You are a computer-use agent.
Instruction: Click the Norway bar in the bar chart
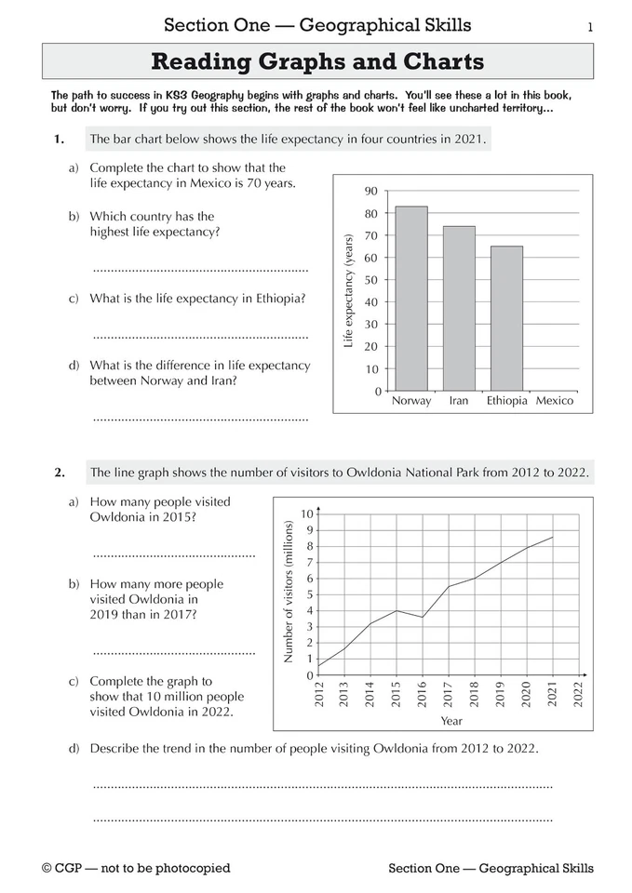410,299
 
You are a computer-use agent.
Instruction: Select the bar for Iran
458,308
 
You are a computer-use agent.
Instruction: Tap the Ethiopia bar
506,318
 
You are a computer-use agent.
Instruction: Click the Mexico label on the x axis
555,402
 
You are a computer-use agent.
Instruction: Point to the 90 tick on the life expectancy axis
370,192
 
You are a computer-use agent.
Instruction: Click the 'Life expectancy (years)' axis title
349,291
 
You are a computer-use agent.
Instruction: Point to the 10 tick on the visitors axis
308,513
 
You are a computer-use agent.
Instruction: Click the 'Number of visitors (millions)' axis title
288,592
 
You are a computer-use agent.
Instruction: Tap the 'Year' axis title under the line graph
450,721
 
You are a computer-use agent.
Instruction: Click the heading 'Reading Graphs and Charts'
317,62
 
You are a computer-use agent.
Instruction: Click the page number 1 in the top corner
590,26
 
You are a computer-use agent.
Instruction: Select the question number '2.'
60,473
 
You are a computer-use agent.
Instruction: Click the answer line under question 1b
200,270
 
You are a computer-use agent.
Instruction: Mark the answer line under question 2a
174,555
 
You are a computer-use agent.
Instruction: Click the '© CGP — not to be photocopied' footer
136,869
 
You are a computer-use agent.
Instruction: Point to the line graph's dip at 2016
423,617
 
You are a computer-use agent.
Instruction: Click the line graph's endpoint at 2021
553,537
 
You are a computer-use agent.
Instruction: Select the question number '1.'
60,140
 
